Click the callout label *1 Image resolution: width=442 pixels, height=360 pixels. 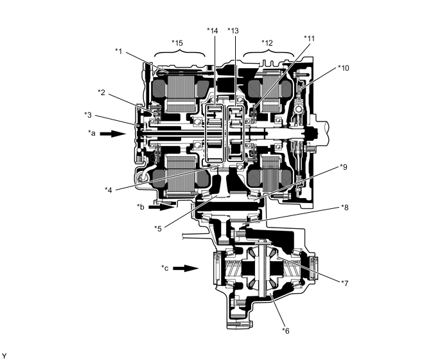point(119,51)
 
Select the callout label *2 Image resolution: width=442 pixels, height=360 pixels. point(102,93)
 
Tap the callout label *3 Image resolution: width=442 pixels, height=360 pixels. point(88,115)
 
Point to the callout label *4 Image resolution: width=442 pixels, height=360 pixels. point(109,190)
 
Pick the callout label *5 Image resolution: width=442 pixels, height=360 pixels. point(158,228)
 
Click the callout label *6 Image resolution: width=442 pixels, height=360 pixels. point(285,330)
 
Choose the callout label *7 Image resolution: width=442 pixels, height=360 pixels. point(345,283)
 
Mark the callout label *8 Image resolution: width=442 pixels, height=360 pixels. point(345,208)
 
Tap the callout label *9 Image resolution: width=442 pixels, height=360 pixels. point(343,167)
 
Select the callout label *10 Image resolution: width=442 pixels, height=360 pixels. point(343,68)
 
